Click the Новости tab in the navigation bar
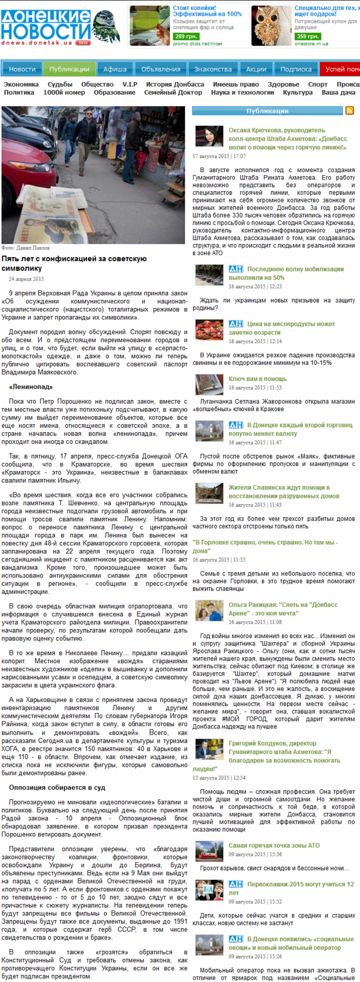(x=22, y=69)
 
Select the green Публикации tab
(x=69, y=69)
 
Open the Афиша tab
(x=115, y=69)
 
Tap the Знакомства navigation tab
(x=213, y=69)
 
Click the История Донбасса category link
(x=175, y=84)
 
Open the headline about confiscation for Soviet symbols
(x=74, y=263)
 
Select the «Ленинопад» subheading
(x=31, y=387)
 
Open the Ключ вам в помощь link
(x=257, y=379)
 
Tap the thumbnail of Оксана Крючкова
(x=209, y=136)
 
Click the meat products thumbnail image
(x=209, y=329)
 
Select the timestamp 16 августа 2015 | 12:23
(x=255, y=286)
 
